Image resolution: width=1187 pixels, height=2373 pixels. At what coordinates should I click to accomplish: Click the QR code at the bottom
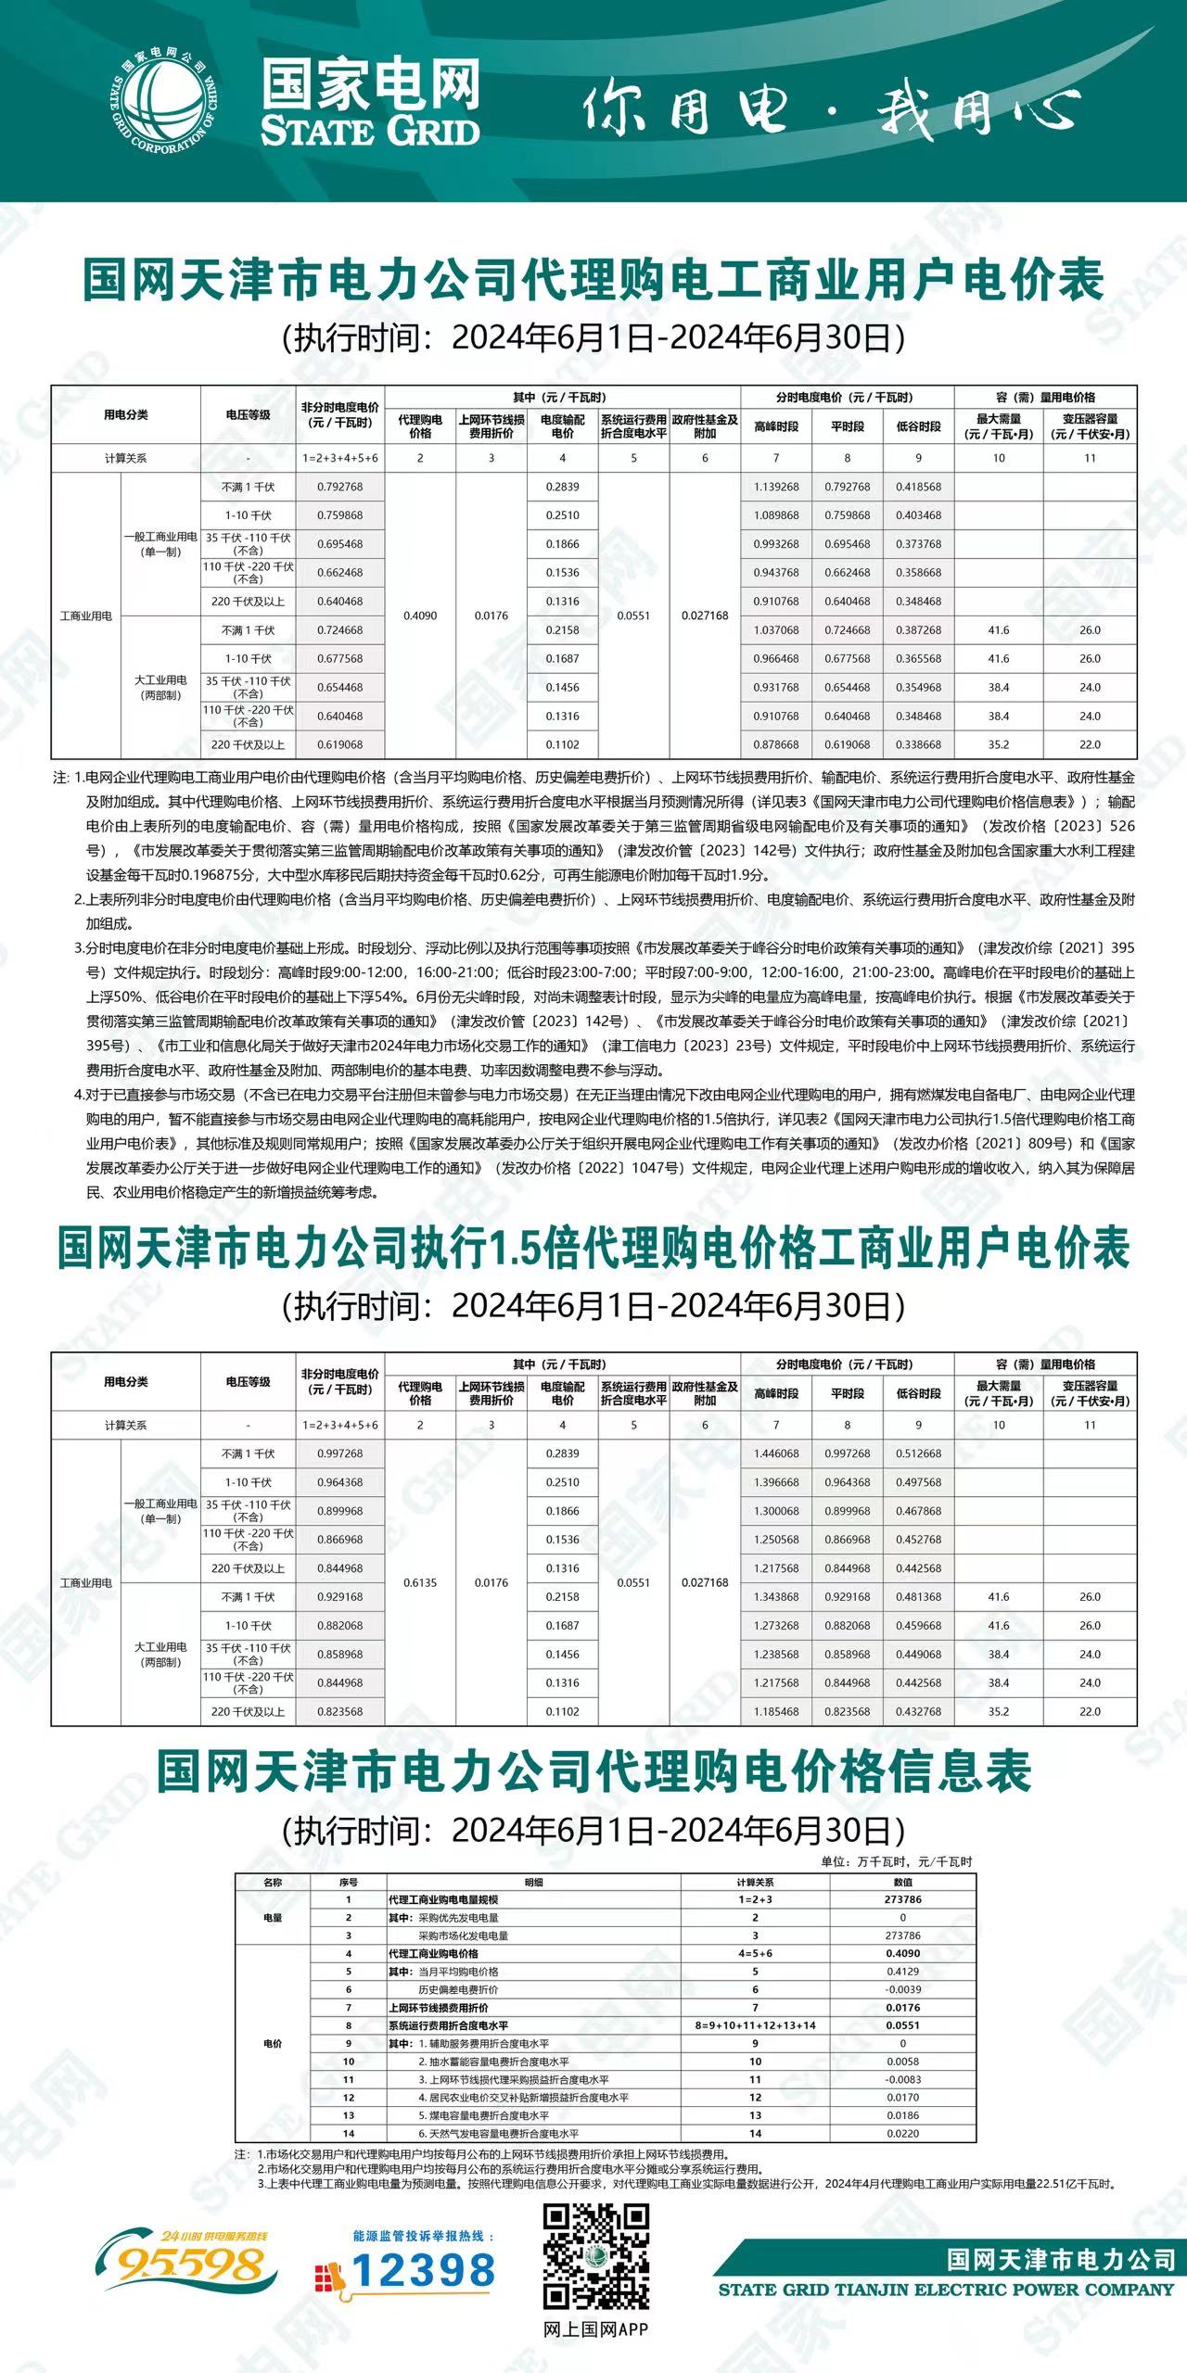tap(596, 2257)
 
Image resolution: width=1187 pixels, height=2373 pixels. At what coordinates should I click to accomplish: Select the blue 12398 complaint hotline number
tap(422, 2271)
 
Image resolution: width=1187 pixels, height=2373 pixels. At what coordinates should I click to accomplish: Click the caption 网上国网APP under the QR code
tap(596, 2329)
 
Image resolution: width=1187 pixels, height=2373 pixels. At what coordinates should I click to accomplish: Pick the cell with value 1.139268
tap(776, 487)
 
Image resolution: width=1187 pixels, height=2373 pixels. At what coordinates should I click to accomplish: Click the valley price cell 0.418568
tap(918, 487)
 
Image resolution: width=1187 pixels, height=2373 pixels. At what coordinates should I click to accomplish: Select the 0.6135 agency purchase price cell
tap(420, 1582)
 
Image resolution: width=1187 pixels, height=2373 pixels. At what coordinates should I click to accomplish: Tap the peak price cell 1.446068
tap(776, 1453)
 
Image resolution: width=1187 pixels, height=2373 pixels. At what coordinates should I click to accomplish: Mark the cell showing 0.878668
tap(776, 744)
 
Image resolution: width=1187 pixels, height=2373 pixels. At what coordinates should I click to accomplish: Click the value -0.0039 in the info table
tap(902, 1989)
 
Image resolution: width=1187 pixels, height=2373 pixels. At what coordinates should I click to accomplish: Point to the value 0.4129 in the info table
tap(902, 1972)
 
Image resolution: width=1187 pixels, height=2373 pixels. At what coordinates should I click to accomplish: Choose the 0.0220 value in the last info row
tap(902, 2133)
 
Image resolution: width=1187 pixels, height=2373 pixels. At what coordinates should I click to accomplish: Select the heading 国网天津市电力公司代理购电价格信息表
tap(593, 1771)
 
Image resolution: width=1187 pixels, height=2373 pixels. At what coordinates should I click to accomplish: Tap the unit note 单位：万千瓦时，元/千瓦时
tap(896, 1861)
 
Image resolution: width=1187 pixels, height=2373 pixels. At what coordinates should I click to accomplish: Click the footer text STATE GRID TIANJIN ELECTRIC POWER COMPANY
tap(946, 2290)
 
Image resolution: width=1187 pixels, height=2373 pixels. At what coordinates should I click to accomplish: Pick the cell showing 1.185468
tap(776, 1711)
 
